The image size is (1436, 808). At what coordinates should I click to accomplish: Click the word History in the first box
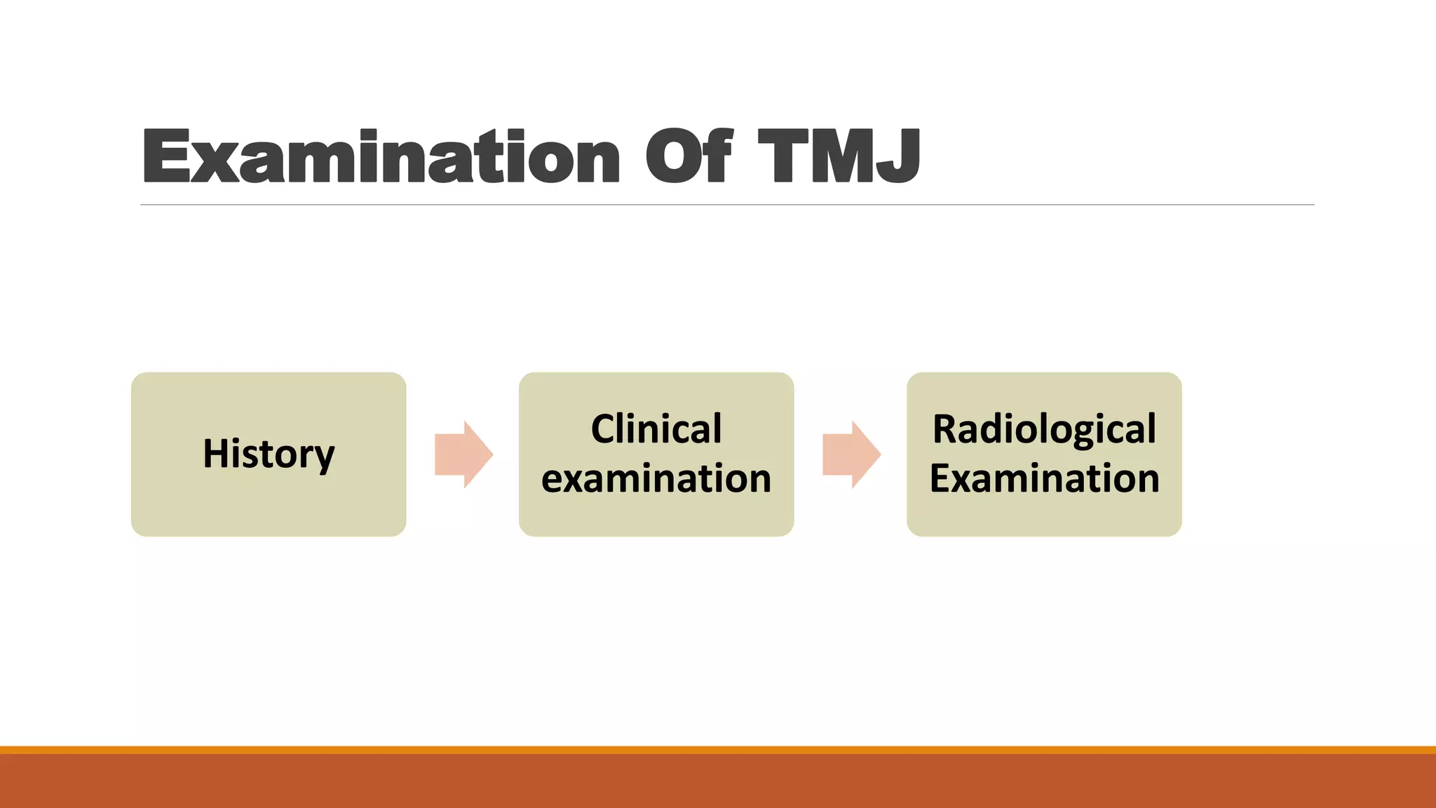(x=269, y=454)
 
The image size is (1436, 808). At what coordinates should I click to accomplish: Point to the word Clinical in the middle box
(x=656, y=429)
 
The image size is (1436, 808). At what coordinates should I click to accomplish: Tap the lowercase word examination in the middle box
(x=656, y=478)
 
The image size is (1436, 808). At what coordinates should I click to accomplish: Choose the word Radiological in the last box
(x=1044, y=429)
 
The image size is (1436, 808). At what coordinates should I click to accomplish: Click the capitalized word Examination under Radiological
(x=1044, y=478)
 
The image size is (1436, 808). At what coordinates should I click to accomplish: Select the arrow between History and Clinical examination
(x=463, y=454)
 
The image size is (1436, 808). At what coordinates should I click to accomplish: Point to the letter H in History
(x=216, y=453)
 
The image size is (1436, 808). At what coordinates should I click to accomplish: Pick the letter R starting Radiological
(x=945, y=429)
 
